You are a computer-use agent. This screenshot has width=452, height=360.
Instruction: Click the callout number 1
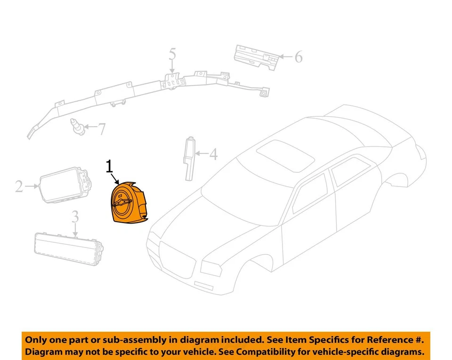point(109,167)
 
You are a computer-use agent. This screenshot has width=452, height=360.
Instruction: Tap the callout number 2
point(19,187)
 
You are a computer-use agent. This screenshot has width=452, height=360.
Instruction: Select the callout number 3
point(75,217)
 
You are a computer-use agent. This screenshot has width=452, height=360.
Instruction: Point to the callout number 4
point(213,154)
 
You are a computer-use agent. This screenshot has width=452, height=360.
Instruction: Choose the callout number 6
point(298,57)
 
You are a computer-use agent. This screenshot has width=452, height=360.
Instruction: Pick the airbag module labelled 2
point(64,185)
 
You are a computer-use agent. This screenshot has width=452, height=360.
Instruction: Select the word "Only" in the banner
point(36,339)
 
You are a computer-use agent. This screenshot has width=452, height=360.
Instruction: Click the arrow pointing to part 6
point(285,57)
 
